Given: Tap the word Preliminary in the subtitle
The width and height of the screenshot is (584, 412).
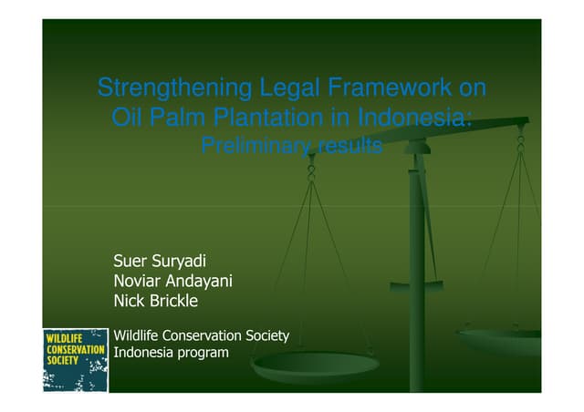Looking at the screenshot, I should (251, 146).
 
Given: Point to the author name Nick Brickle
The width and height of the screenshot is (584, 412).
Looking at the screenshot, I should (155, 301).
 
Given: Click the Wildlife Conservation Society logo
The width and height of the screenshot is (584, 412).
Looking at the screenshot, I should (75, 360).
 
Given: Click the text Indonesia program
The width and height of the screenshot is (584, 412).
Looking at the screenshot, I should (170, 352).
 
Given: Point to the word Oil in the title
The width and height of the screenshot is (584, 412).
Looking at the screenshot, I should (125, 118).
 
